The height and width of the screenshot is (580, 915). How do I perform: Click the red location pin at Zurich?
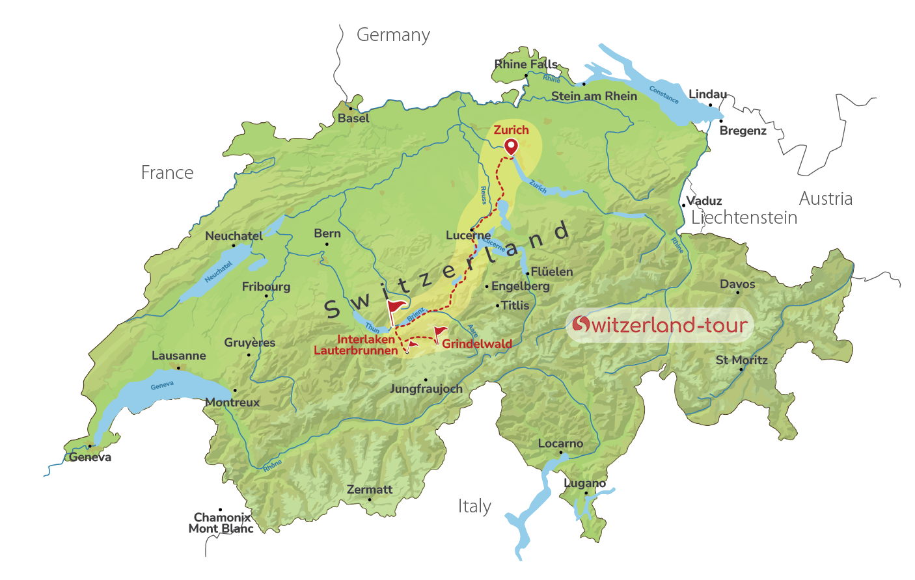[512, 146]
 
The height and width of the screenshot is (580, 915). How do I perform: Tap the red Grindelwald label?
[477, 344]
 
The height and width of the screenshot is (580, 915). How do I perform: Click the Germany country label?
[393, 35]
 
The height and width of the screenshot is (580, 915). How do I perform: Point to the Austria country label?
[825, 199]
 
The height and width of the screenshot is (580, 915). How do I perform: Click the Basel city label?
[353, 118]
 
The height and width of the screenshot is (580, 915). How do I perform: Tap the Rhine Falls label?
[525, 64]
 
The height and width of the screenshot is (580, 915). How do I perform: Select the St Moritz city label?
[741, 360]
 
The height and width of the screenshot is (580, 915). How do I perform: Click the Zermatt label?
[370, 490]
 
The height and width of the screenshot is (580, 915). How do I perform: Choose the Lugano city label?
[584, 483]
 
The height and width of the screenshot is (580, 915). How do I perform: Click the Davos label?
[737, 284]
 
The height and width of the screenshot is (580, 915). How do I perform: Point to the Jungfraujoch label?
[426, 389]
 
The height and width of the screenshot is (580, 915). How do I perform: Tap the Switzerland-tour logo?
[659, 325]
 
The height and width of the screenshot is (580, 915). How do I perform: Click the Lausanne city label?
[179, 356]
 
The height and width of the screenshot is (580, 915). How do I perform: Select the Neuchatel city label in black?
[234, 236]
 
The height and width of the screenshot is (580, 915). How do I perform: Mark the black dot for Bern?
[327, 244]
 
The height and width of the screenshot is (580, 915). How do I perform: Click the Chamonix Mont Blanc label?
[221, 523]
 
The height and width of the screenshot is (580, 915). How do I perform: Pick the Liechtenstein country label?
[744, 218]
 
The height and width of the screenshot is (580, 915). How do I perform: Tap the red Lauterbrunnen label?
[355, 350]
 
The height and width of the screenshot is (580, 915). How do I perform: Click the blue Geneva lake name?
[162, 386]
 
